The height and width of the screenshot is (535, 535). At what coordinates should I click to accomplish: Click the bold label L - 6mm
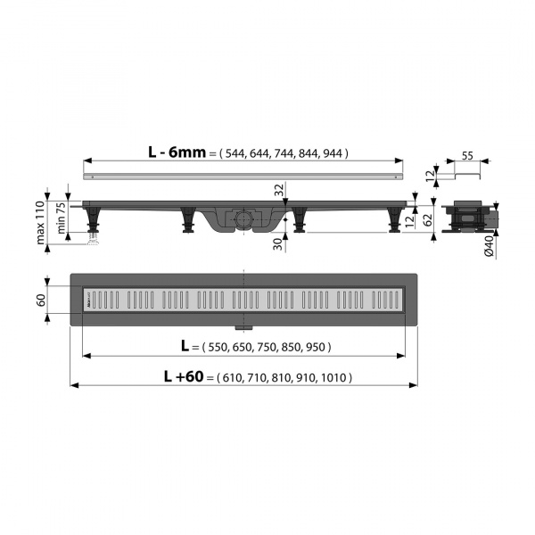pyautogui.click(x=177, y=152)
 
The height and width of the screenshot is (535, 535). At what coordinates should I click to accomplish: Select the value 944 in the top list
pyautogui.click(x=333, y=153)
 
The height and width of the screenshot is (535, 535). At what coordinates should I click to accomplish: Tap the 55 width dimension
pyautogui.click(x=467, y=155)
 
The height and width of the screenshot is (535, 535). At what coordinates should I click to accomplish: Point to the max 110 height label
pyautogui.click(x=41, y=222)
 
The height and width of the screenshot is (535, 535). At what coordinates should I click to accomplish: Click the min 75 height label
pyautogui.click(x=61, y=218)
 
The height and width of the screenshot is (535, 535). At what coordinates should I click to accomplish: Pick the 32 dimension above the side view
pyautogui.click(x=279, y=190)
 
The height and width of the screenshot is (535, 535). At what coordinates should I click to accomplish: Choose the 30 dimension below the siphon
pyautogui.click(x=278, y=244)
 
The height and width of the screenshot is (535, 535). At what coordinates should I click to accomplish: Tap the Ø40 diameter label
pyautogui.click(x=490, y=246)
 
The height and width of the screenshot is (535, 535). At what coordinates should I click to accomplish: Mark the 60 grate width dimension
pyautogui.click(x=41, y=300)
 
